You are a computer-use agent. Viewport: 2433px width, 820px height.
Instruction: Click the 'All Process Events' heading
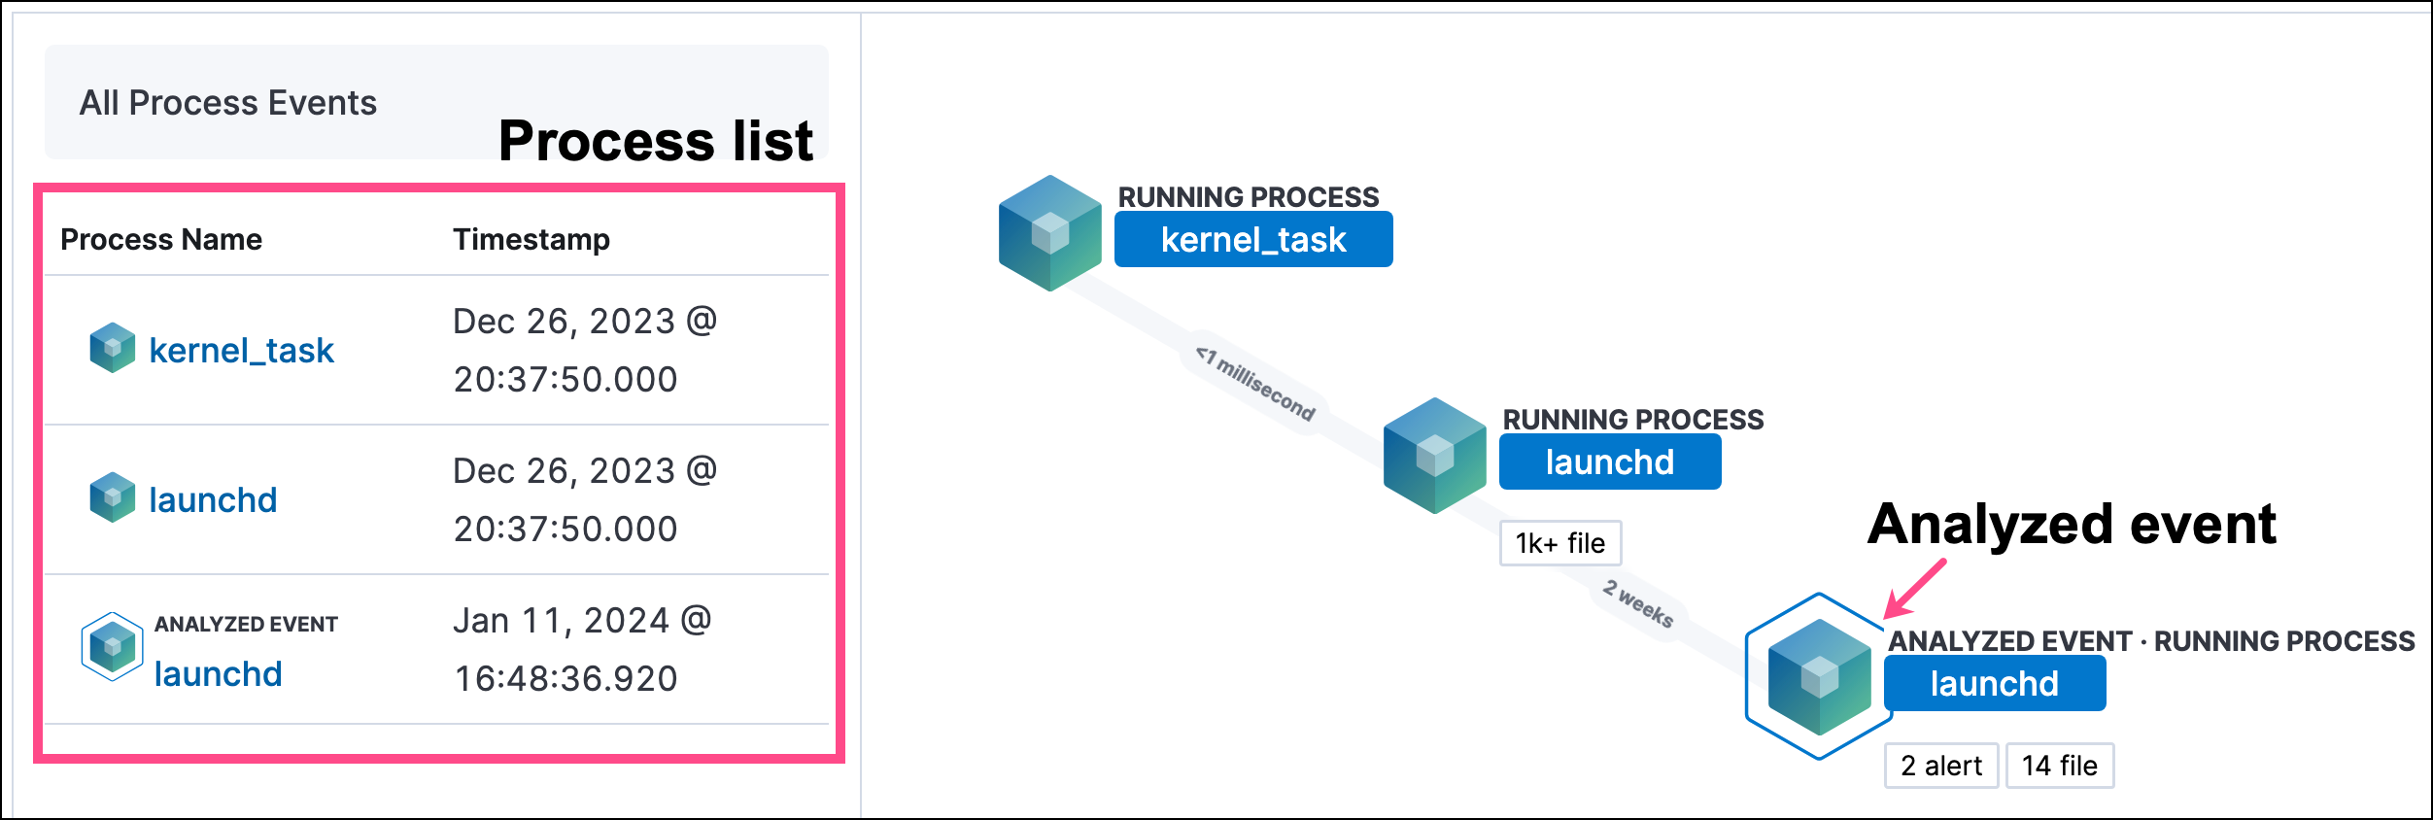pos(227,103)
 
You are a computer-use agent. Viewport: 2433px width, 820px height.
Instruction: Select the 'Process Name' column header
pos(161,240)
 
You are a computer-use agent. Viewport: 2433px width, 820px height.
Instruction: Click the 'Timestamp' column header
pos(531,240)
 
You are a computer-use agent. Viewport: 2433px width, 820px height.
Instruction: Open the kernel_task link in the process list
pos(241,351)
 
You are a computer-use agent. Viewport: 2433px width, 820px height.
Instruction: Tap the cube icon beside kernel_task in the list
pos(113,348)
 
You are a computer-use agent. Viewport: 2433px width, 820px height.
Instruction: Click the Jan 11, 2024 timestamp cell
pos(582,649)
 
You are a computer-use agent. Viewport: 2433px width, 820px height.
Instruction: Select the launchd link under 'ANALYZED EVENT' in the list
pos(218,674)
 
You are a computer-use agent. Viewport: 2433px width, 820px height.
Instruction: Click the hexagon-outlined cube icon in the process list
pos(113,646)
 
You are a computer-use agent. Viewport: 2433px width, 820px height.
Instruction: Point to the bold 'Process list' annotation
pos(655,142)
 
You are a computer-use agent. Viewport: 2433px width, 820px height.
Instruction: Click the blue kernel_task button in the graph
pos(1252,240)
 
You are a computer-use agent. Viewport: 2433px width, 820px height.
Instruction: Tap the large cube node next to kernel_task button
pos(1049,233)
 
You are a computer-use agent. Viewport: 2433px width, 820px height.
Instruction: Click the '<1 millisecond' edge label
pos(1255,384)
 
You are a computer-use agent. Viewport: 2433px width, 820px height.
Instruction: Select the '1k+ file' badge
pos(1559,543)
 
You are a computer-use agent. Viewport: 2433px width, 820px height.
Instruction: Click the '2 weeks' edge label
pos(1638,603)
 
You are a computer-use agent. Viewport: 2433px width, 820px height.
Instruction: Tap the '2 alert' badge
pos(1940,766)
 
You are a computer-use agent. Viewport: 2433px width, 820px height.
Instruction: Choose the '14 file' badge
pos(2059,766)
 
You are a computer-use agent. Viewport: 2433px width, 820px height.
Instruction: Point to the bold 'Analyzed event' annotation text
pos(2072,525)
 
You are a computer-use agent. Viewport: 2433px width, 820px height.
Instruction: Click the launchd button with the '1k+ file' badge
pos(1609,462)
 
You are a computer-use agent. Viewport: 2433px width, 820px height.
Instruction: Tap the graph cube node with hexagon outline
pos(1819,677)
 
